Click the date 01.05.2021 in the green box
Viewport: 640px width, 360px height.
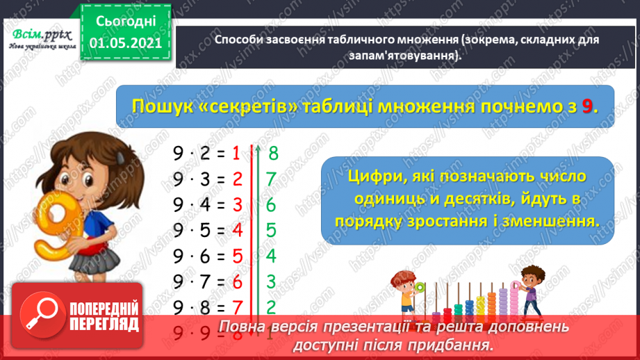(x=126, y=43)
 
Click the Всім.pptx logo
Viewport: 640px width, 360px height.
(x=40, y=35)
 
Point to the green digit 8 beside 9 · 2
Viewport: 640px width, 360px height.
(x=274, y=153)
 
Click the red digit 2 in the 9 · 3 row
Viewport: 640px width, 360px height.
(x=237, y=179)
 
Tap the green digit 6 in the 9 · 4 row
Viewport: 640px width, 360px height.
(x=271, y=205)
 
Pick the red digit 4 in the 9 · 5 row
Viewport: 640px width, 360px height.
(x=237, y=231)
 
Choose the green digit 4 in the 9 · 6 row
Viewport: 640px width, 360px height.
(x=271, y=256)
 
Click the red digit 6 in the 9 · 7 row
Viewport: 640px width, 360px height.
(x=237, y=281)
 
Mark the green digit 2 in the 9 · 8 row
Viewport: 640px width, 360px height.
(x=271, y=307)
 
